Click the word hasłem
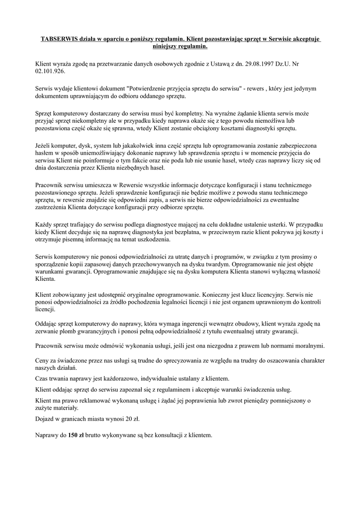46,153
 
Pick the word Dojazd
46,419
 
